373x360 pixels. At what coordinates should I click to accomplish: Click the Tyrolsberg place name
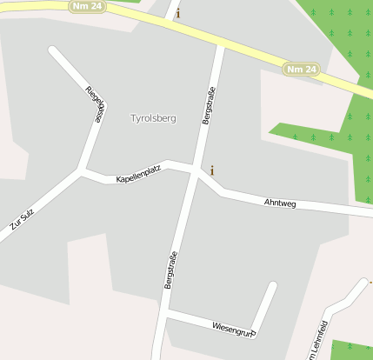pyautogui.click(x=153, y=118)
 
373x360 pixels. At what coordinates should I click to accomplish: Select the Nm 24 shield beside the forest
pyautogui.click(x=301, y=69)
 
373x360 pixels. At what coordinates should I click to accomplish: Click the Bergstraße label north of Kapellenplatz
pyautogui.click(x=209, y=105)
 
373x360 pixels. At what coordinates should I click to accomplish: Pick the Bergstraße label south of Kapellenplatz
pyautogui.click(x=170, y=270)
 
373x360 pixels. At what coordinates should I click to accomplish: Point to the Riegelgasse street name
pyautogui.click(x=96, y=105)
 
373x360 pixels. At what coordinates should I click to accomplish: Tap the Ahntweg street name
pyautogui.click(x=280, y=203)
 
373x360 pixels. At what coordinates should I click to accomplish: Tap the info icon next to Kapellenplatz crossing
pyautogui.click(x=212, y=170)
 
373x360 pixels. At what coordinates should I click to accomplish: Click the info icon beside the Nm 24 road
pyautogui.click(x=179, y=13)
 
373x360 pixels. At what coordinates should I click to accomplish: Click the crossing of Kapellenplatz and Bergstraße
pyautogui.click(x=193, y=169)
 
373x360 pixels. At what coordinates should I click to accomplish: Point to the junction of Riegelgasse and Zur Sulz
pyautogui.click(x=81, y=171)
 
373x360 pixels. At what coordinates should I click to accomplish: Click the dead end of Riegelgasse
pyautogui.click(x=53, y=50)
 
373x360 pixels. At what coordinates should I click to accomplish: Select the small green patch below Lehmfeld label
pyautogui.click(x=352, y=350)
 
